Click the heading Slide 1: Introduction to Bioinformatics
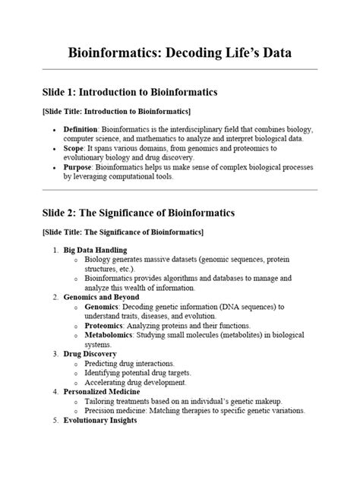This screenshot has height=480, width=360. pos(130,92)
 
